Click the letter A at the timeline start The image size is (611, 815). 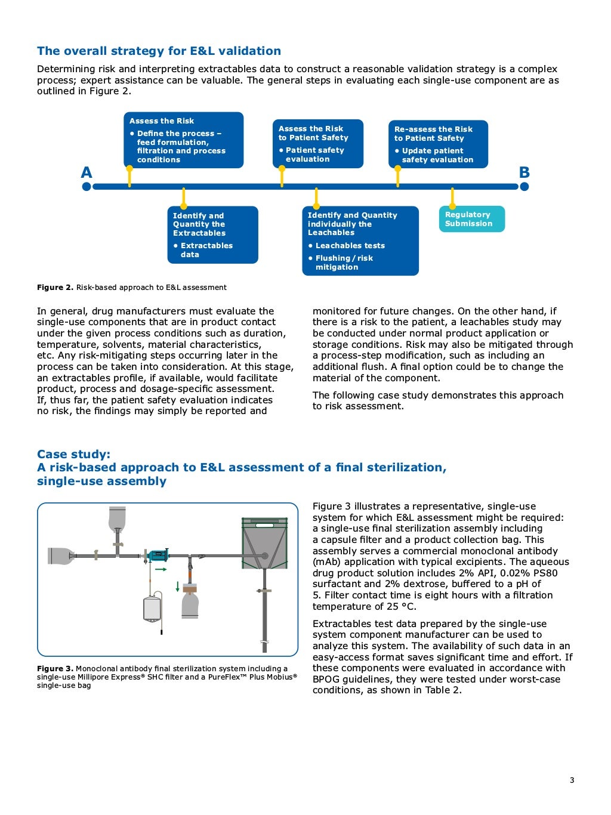[x=87, y=173]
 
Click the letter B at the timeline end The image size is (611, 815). [x=524, y=172]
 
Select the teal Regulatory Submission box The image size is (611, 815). [x=471, y=219]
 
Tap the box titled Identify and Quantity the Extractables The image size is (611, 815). [x=212, y=234]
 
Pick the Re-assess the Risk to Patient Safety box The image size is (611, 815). [x=438, y=144]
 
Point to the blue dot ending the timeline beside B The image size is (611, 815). [x=524, y=187]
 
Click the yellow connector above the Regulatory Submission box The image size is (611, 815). [x=452, y=197]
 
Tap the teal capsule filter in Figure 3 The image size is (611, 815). [x=158, y=555]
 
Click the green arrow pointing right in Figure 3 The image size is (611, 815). [x=161, y=570]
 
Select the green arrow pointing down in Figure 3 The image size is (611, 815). [x=178, y=586]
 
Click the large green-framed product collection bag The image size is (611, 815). [x=264, y=543]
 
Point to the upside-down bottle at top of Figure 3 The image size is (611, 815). [x=118, y=520]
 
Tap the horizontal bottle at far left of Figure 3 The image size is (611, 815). [x=61, y=555]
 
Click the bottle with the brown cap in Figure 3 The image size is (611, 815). [x=190, y=601]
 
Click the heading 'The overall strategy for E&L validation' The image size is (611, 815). [x=159, y=51]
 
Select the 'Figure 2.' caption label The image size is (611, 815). [x=55, y=288]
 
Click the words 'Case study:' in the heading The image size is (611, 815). [x=73, y=454]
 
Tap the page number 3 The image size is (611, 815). [x=572, y=780]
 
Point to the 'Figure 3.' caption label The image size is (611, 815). [x=55, y=669]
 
